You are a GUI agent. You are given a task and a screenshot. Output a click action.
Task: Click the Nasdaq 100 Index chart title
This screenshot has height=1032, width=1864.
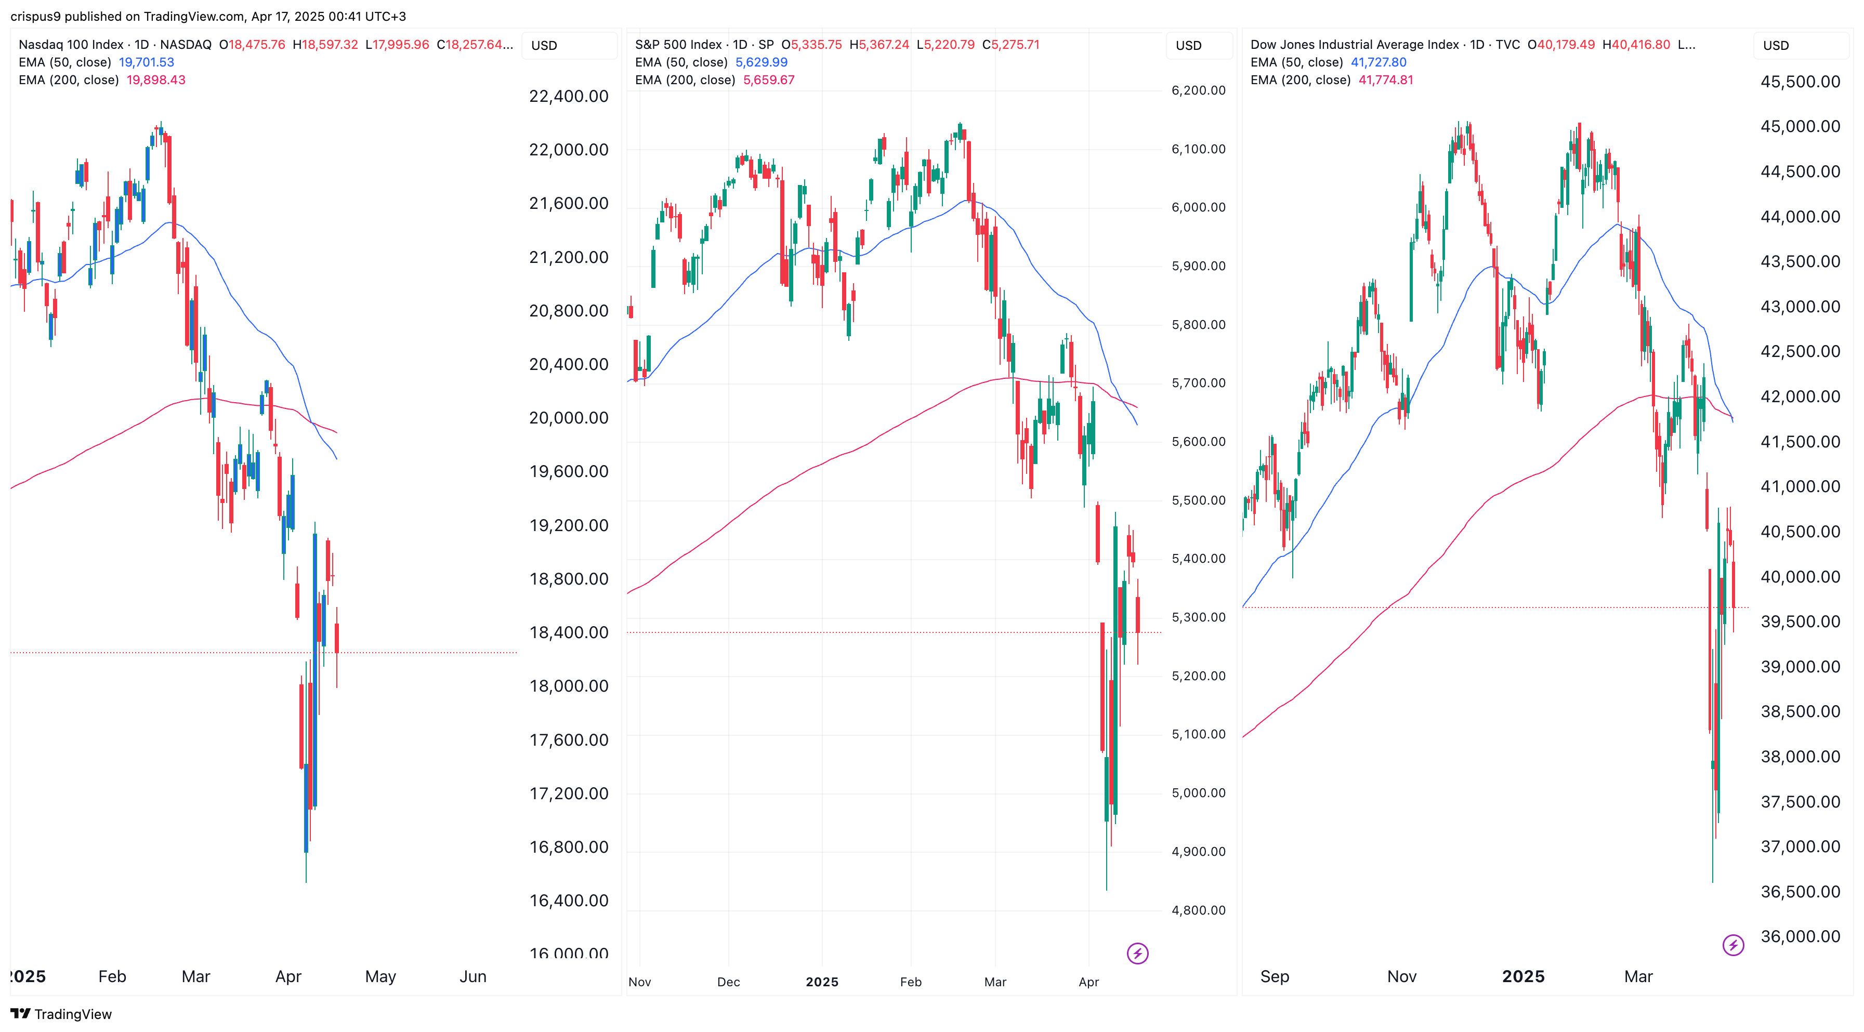tap(71, 45)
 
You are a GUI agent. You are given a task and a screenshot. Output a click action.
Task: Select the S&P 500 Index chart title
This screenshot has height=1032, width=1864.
tap(678, 45)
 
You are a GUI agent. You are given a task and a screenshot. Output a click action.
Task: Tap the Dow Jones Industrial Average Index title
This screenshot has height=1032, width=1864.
tap(1355, 45)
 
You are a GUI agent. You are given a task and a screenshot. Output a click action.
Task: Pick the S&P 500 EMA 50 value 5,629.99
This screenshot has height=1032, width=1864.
tap(761, 62)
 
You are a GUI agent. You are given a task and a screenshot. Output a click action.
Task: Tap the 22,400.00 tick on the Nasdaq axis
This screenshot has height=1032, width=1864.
tap(569, 96)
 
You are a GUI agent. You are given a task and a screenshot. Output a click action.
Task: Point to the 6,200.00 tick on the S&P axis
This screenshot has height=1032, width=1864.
tap(1198, 90)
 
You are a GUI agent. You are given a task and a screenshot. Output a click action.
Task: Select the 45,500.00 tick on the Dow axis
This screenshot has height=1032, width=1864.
tap(1800, 82)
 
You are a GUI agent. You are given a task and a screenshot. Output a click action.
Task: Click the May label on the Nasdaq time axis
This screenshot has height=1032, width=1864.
tap(380, 976)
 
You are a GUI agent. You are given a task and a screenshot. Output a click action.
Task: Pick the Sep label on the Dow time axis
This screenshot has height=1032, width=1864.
tap(1274, 976)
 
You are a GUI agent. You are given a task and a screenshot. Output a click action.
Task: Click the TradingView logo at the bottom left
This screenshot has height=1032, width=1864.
tap(61, 1014)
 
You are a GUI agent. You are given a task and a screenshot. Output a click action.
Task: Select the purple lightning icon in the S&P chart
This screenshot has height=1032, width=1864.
tap(1137, 953)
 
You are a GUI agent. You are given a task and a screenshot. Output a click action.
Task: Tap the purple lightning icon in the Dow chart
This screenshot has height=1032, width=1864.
tap(1733, 945)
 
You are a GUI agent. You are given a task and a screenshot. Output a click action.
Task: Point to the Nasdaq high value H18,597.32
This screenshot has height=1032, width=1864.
tap(325, 45)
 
